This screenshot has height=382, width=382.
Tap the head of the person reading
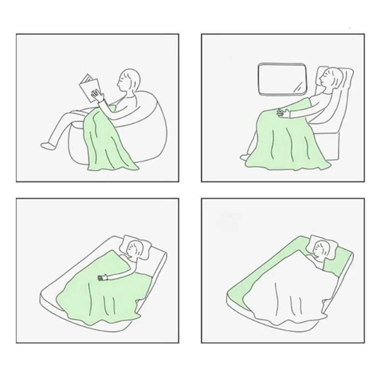129,81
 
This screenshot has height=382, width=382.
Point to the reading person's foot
47,145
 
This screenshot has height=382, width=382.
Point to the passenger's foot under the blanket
244,157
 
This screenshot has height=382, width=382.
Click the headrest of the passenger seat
346,76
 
